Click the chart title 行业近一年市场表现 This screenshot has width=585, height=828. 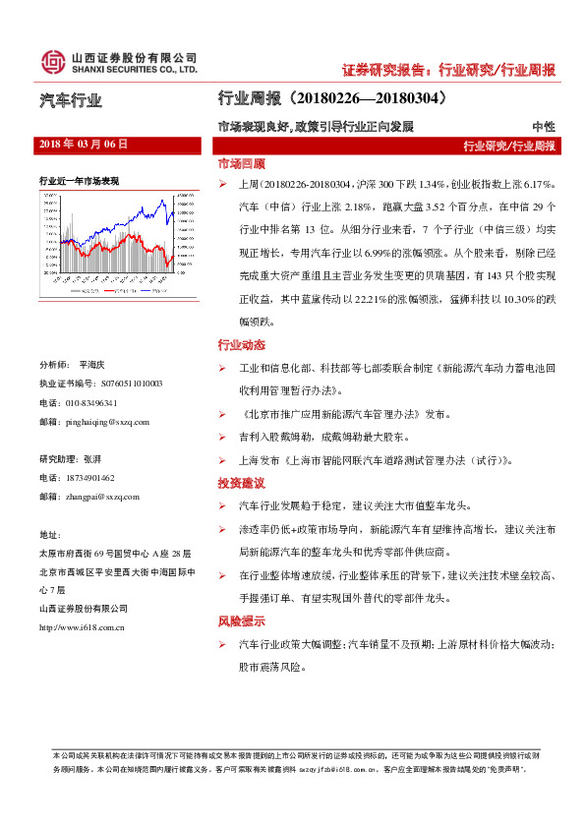click(79, 182)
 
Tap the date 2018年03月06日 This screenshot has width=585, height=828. click(84, 144)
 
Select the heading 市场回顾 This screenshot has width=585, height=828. click(241, 163)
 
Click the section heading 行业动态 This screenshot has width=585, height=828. click(241, 345)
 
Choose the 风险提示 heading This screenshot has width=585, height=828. click(241, 621)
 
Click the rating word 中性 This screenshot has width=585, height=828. click(543, 127)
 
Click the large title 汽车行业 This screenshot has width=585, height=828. click(71, 100)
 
